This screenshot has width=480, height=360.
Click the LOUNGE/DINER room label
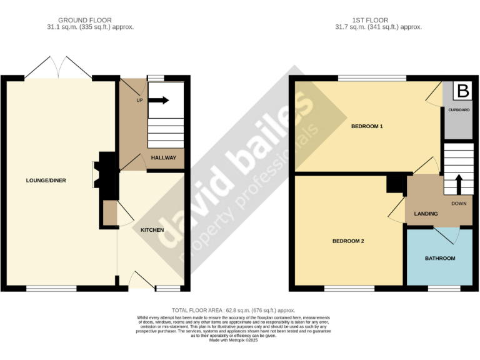pyautogui.click(x=46, y=181)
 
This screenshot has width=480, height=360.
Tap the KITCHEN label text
pyautogui.click(x=152, y=230)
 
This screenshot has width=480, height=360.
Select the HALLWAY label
pyautogui.click(x=164, y=158)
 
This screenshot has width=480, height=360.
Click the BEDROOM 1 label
pyautogui.click(x=366, y=127)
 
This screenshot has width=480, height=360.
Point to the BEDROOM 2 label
pyautogui.click(x=348, y=241)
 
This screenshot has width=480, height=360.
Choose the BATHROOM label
pyautogui.click(x=440, y=258)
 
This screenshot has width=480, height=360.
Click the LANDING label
pyautogui.click(x=426, y=214)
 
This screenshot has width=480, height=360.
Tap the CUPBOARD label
pyautogui.click(x=459, y=110)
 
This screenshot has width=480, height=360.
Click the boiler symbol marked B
pyautogui.click(x=462, y=91)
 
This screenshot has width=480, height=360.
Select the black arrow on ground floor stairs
pyautogui.click(x=160, y=100)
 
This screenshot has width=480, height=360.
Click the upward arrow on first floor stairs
pyautogui.click(x=459, y=186)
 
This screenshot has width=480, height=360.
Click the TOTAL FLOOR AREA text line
pyautogui.click(x=233, y=310)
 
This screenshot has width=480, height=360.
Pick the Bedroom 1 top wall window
pyautogui.click(x=372, y=78)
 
